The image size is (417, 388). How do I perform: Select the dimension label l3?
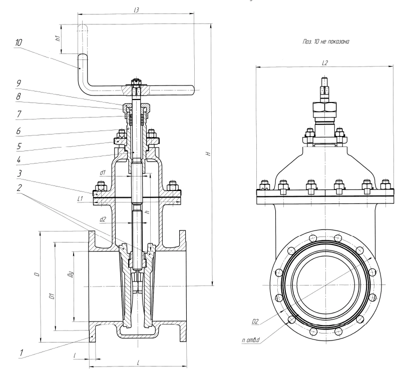click(137, 9)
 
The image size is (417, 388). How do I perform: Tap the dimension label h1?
click(58, 38)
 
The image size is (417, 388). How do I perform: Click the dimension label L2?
click(324, 63)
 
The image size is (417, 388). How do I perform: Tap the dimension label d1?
click(102, 172)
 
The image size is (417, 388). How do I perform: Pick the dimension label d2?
click(102, 219)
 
